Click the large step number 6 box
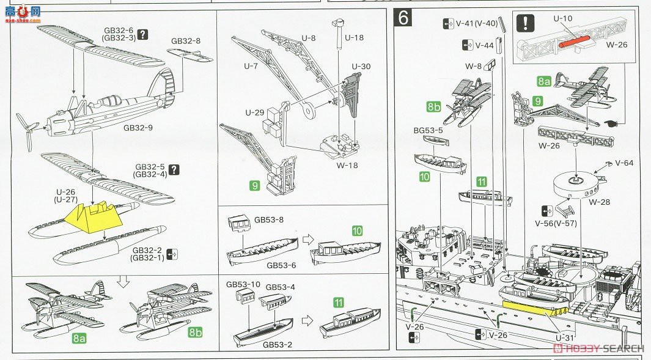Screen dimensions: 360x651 click(x=403, y=18)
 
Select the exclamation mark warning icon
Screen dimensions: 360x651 click(x=525, y=24)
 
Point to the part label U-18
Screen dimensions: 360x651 click(x=353, y=38)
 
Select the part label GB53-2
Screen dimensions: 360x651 click(x=277, y=344)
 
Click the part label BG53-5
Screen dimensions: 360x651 click(x=427, y=130)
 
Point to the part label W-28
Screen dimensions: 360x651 click(x=598, y=202)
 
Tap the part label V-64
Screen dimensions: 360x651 click(x=624, y=163)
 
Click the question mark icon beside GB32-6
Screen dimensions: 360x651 click(x=142, y=34)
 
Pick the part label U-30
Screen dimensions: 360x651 click(x=361, y=66)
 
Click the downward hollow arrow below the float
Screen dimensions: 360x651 click(x=123, y=282)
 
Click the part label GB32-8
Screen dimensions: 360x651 click(x=186, y=41)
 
